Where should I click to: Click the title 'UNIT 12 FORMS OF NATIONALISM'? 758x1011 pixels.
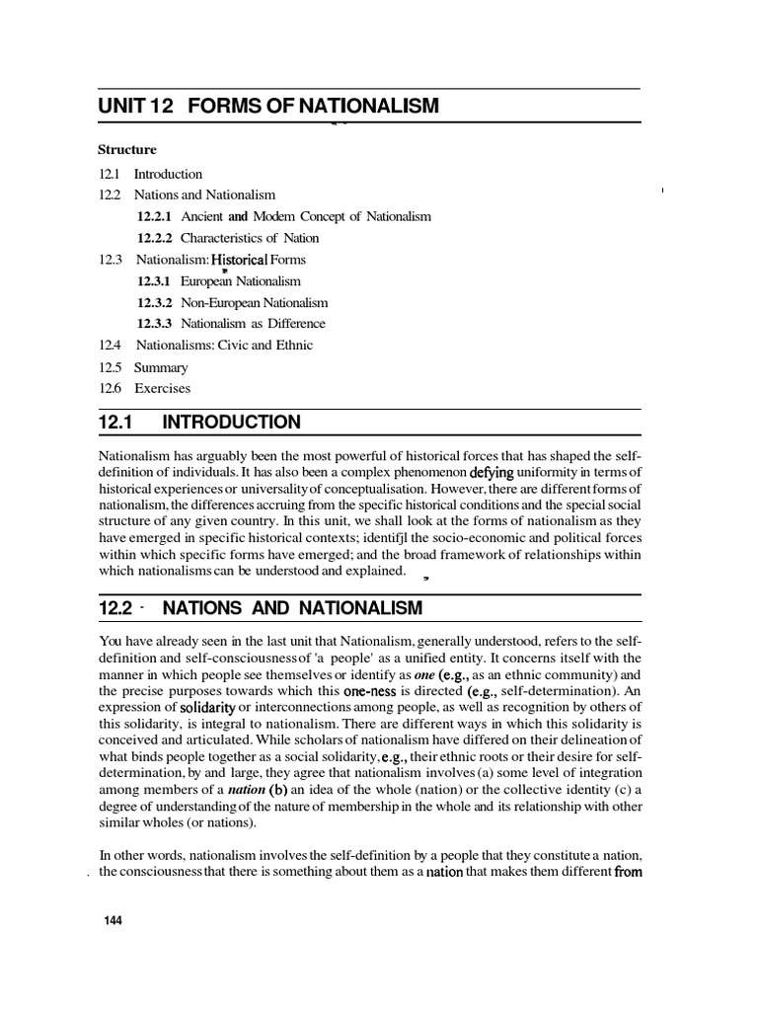click(268, 106)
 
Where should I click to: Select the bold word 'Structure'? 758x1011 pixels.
click(126, 150)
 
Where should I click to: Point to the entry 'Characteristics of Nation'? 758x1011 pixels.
click(250, 238)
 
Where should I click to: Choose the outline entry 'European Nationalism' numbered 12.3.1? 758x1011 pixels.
click(241, 281)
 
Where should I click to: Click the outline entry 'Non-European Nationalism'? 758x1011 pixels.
click(254, 303)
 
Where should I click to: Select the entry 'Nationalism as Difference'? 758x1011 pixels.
click(253, 324)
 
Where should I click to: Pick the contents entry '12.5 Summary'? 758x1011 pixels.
click(143, 367)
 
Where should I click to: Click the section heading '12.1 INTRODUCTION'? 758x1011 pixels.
click(199, 423)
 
